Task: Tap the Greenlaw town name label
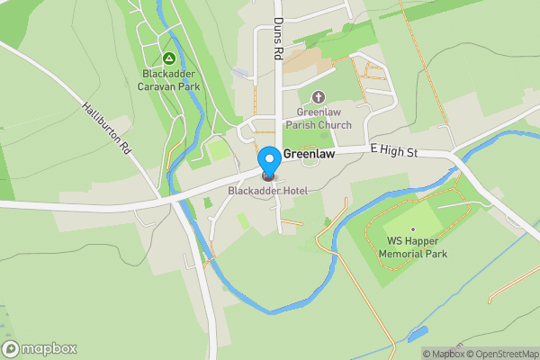[310, 155]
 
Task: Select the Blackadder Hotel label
[267, 191]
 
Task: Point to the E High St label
[393, 153]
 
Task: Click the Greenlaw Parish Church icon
[317, 97]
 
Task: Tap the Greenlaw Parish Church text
[318, 119]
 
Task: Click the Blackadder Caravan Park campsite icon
[168, 58]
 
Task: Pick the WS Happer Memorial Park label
[412, 247]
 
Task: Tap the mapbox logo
[40, 348]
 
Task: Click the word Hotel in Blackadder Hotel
[292, 191]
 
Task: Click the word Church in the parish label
[335, 125]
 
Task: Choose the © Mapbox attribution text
[444, 354]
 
